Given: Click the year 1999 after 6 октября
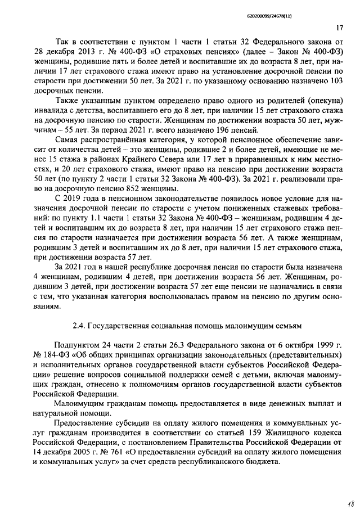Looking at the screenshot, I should coord(326,344).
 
